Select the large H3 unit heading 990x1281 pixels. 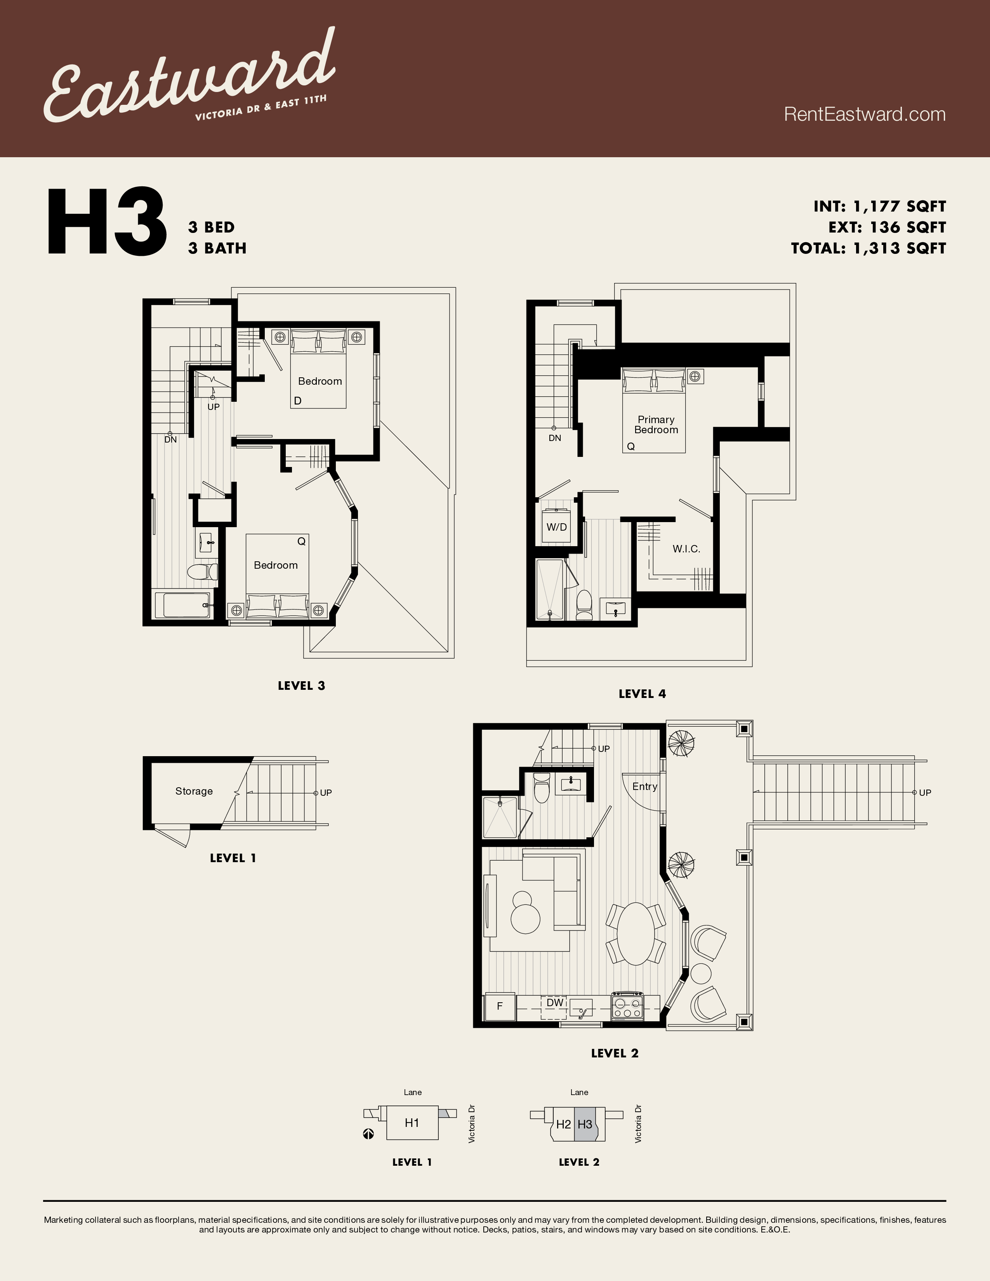(107, 223)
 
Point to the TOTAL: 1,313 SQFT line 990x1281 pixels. (868, 248)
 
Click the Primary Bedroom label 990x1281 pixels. (656, 425)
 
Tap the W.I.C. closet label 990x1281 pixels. (686, 549)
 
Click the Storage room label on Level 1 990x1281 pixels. (194, 791)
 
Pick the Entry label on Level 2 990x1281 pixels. (644, 786)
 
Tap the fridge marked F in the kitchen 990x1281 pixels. (500, 1006)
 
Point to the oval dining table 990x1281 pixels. (636, 933)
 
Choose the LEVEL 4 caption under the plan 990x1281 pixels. (642, 694)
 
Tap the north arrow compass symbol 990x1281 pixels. (368, 1134)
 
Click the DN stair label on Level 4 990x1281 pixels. (555, 438)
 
